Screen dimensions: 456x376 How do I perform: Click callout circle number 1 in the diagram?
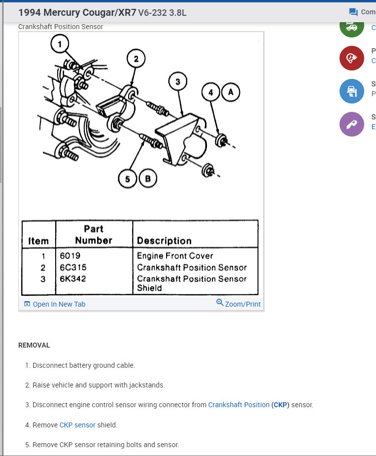[x=60, y=45]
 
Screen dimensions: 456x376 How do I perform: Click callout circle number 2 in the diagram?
[x=137, y=59]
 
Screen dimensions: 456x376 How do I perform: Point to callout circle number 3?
[x=178, y=82]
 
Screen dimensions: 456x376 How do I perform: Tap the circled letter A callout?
[x=230, y=92]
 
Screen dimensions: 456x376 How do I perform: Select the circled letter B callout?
[x=147, y=178]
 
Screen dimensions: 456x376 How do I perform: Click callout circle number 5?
[x=127, y=178]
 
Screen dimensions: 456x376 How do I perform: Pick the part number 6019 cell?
[x=70, y=256]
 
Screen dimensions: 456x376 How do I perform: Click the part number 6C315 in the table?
[x=73, y=267]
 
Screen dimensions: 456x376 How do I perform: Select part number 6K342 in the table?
[x=73, y=279]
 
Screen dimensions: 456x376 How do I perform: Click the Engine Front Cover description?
[x=175, y=256]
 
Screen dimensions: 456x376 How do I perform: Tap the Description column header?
[x=164, y=241]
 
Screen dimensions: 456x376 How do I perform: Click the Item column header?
[x=38, y=241]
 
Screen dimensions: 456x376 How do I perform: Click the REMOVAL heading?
[x=34, y=345]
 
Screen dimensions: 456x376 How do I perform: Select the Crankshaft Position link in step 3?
[x=239, y=405]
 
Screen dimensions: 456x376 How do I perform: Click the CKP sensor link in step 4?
[x=77, y=424]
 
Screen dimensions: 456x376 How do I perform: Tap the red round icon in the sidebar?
[x=351, y=58]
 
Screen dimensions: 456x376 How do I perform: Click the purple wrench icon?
[x=351, y=124]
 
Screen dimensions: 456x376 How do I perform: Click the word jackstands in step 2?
[x=146, y=385]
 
